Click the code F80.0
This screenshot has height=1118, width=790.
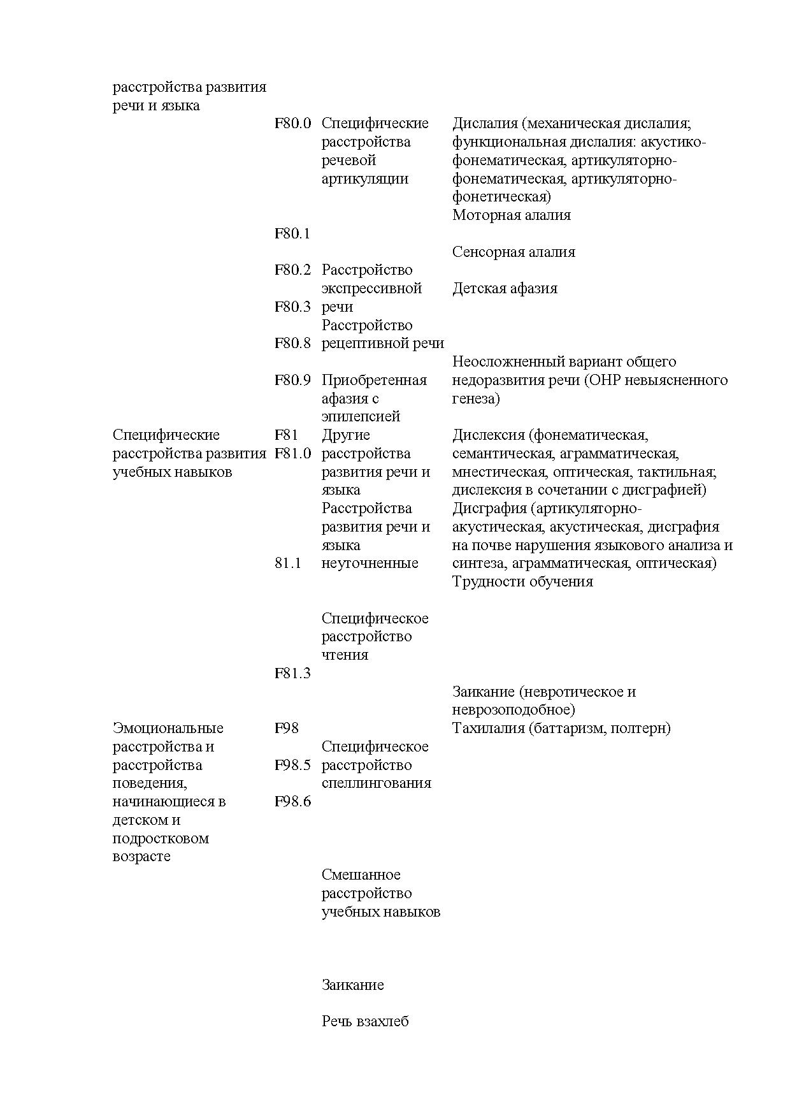292,124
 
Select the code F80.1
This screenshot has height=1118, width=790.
292,234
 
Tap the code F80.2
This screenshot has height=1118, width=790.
292,270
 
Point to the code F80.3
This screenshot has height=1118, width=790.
292,307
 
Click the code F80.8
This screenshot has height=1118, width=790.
292,344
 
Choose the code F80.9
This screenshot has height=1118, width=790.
292,381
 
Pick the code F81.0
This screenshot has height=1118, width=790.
292,454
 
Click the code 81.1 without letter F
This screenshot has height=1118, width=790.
288,563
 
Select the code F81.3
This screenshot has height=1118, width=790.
292,674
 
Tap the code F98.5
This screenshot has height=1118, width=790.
292,766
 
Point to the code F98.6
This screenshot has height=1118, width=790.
292,802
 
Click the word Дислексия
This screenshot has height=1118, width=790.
488,435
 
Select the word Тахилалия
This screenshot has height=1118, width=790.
488,729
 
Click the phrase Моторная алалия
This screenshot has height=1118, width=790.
512,215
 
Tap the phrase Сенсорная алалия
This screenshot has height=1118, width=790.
513,252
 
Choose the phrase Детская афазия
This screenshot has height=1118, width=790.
505,289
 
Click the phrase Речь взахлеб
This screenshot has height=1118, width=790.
365,1022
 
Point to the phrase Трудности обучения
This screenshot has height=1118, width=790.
522,582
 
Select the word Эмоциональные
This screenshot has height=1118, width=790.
168,729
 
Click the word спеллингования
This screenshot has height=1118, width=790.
377,783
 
